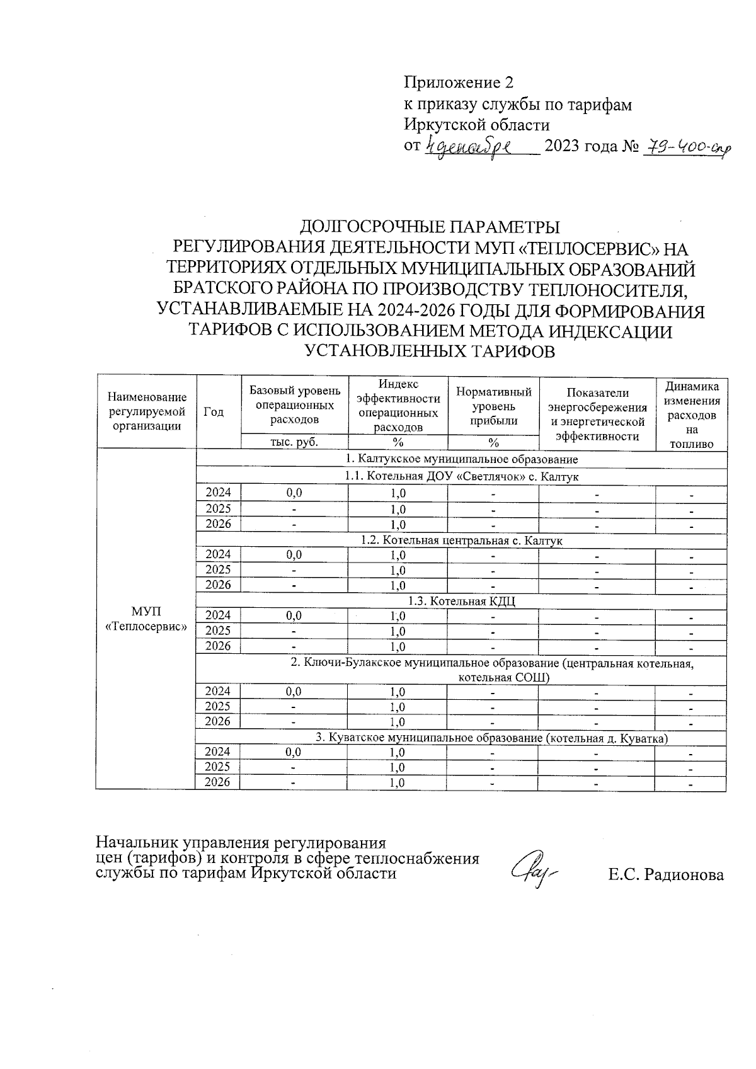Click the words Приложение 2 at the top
[x=459, y=83]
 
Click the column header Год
[x=214, y=411]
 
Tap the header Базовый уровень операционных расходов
[x=294, y=404]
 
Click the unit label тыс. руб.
[x=294, y=442]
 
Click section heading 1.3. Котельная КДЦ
[x=462, y=601]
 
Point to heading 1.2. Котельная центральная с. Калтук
[x=462, y=540]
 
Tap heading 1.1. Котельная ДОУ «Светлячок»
[x=462, y=477]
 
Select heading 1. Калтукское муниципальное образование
[x=462, y=459]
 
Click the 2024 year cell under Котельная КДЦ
[x=218, y=615]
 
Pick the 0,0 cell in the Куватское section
[x=294, y=752]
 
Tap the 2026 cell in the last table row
[x=218, y=782]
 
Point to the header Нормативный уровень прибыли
[x=493, y=406]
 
